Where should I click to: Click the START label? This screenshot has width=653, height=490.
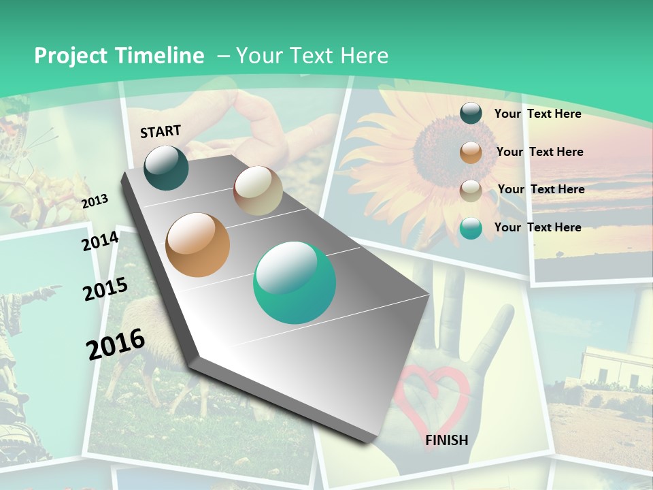click(161, 131)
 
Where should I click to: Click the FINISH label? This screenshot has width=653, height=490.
click(447, 440)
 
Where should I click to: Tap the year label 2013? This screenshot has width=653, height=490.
click(95, 201)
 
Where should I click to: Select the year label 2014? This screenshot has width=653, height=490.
click(101, 242)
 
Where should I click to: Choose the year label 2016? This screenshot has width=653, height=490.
click(116, 344)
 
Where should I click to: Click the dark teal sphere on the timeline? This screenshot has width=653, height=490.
click(166, 167)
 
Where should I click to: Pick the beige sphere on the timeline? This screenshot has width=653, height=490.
click(258, 191)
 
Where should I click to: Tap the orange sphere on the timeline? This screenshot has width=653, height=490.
click(198, 245)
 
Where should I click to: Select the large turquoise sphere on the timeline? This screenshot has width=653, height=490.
click(295, 282)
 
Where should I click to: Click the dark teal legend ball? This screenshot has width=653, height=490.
click(471, 114)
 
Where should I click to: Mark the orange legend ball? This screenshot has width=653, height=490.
click(471, 152)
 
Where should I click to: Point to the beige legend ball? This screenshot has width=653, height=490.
click(471, 191)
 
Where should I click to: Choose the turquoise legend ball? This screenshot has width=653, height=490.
click(471, 228)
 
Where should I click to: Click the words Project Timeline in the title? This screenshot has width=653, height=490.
click(119, 56)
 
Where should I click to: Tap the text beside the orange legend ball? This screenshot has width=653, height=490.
click(539, 152)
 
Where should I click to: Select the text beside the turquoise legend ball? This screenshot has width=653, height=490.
click(537, 227)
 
